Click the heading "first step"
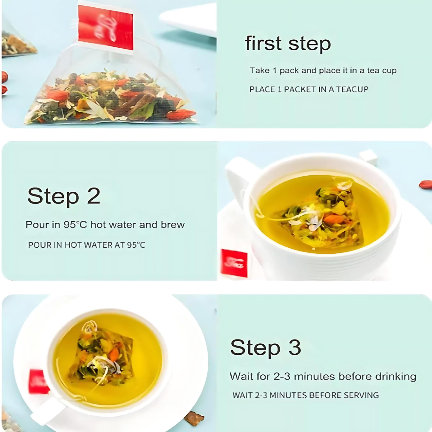click(x=288, y=44)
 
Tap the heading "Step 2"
click(x=64, y=196)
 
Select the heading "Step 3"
click(x=266, y=347)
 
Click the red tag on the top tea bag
click(x=105, y=28)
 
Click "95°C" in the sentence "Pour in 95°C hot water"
click(x=75, y=224)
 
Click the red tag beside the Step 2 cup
click(x=234, y=263)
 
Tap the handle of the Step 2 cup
click(x=238, y=177)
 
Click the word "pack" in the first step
click(x=289, y=71)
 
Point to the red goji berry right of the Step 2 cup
click(x=426, y=184)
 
